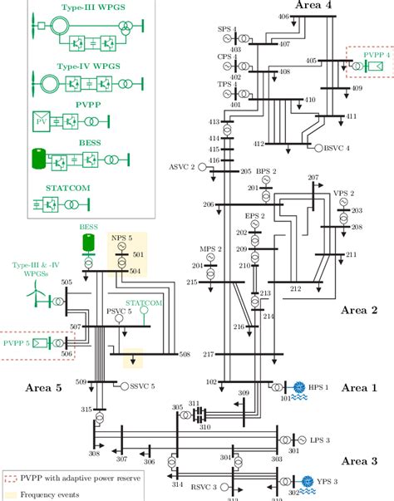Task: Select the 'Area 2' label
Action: coord(359,310)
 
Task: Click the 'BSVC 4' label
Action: coord(337,148)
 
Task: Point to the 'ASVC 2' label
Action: coord(181,166)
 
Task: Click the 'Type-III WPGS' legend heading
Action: coord(77,7)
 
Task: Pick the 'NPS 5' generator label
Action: coord(121,237)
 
